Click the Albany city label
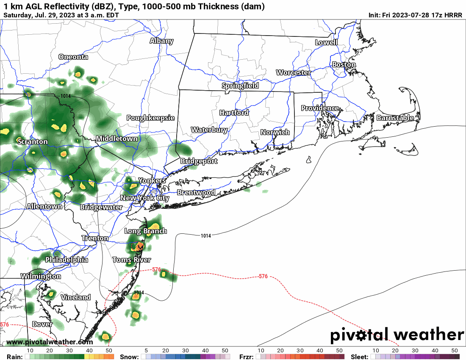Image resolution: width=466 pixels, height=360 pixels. click(x=161, y=41)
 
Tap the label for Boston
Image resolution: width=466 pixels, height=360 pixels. click(x=344, y=65)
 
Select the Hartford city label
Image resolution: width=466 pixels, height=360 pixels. click(x=234, y=113)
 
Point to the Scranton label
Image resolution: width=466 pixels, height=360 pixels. click(x=33, y=141)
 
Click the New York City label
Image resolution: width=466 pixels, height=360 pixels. click(x=144, y=198)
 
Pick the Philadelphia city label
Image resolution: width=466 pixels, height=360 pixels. click(x=67, y=260)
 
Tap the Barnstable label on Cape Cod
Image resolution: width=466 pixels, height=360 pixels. click(x=395, y=118)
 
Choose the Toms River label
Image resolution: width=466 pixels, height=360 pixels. click(x=131, y=260)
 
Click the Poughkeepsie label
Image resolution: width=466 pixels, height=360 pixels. click(x=150, y=118)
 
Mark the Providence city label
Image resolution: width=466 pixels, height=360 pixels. click(x=320, y=108)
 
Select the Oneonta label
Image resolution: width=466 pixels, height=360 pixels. click(x=73, y=57)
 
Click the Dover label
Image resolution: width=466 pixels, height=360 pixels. click(x=42, y=324)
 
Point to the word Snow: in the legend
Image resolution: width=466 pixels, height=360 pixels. click(x=129, y=357)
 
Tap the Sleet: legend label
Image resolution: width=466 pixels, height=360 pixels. click(x=360, y=357)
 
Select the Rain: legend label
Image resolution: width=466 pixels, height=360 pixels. click(x=15, y=357)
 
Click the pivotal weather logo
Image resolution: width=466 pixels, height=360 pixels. click(x=397, y=335)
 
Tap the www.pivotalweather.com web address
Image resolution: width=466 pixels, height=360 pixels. click(x=50, y=342)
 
